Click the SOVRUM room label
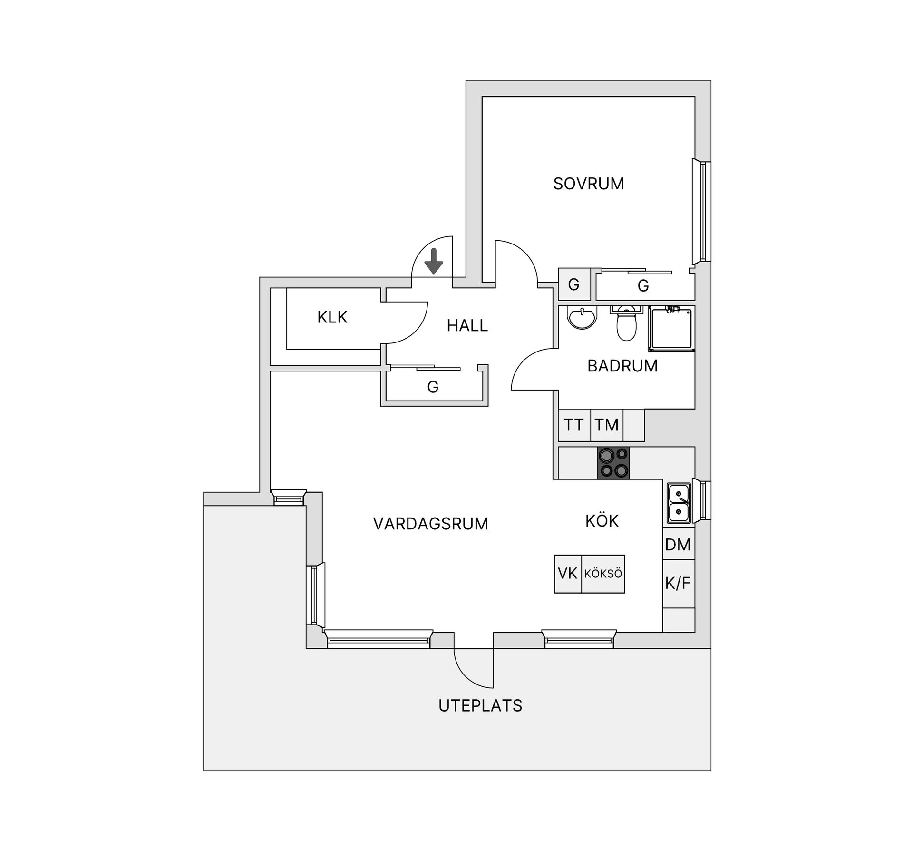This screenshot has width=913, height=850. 589,184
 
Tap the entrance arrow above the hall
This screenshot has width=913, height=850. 433,262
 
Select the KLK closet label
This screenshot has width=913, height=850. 332,317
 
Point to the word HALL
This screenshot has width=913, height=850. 467,325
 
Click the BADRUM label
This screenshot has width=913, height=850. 622,366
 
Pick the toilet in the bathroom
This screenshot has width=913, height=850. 626,323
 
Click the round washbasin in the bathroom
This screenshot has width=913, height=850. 582,317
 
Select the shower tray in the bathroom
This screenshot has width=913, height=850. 671,329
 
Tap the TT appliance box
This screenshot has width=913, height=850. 574,425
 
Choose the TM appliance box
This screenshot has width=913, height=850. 606,425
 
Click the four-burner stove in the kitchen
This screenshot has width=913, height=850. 613,463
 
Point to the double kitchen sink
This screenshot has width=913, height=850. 679,503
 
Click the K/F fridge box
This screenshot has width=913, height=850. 679,583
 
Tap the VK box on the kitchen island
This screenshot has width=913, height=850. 568,574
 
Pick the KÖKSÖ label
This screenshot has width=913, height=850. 603,574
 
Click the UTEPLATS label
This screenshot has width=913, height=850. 480,705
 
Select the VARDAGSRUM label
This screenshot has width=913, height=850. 431,524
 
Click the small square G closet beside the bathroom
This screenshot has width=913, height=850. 574,284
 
